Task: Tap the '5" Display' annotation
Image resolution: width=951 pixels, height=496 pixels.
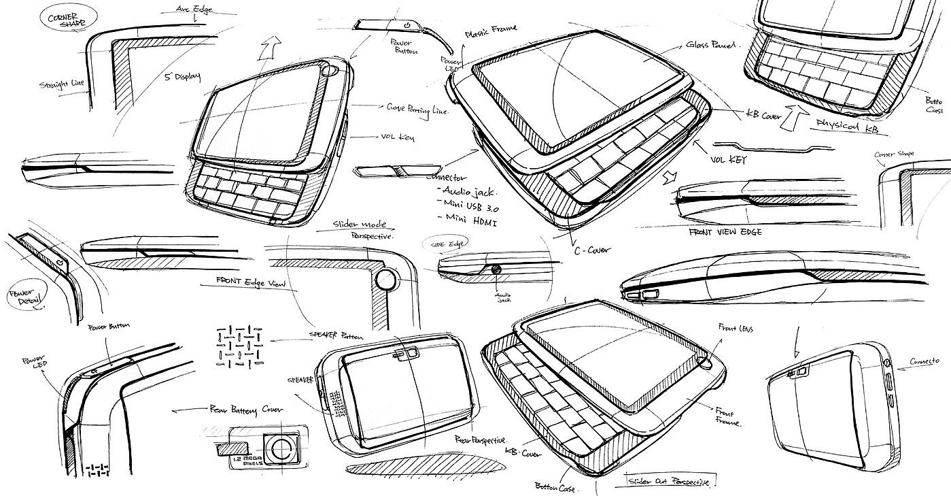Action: (183, 76)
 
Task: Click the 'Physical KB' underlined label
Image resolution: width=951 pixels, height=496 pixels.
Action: (842, 123)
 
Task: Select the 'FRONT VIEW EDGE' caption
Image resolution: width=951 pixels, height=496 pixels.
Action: (725, 231)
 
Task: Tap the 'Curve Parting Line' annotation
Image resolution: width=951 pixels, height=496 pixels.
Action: (417, 111)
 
